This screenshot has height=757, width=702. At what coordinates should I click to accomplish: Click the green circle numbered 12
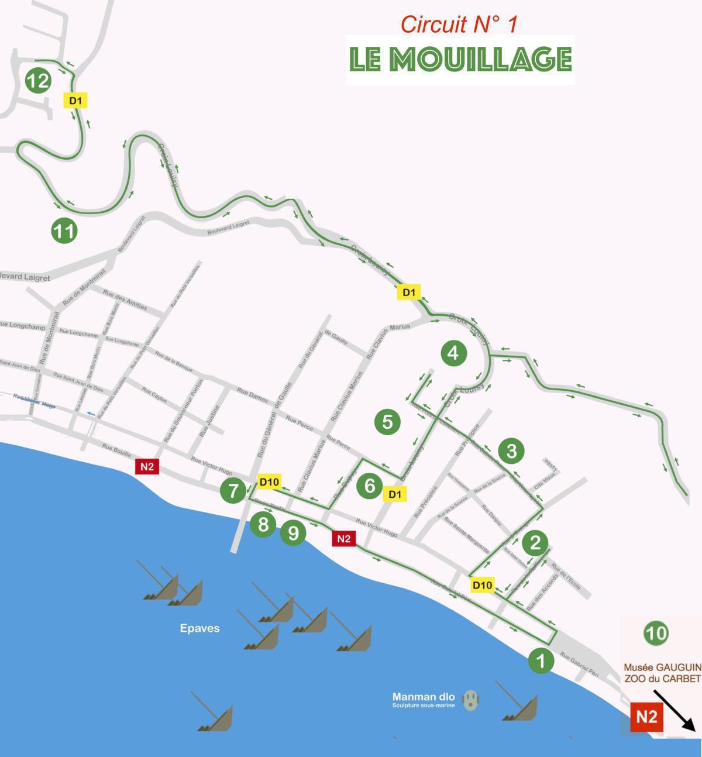coord(38,80)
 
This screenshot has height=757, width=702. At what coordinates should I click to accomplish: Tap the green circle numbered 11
coord(64,230)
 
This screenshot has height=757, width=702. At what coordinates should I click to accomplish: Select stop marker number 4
coord(453,353)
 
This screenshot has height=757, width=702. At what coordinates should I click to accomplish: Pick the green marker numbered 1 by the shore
coord(541,660)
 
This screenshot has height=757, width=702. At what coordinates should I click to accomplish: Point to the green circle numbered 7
coord(233,490)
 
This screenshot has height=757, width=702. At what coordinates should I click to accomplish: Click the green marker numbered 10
coord(656,633)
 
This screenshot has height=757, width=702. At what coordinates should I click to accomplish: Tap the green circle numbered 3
coord(511,450)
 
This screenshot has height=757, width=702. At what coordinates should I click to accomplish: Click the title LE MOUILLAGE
coord(460,59)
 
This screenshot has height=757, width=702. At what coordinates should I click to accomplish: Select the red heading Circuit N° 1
coord(459,25)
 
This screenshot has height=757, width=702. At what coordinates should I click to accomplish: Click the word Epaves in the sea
coord(199,628)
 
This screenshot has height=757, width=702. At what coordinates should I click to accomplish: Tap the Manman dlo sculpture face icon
coord(470,700)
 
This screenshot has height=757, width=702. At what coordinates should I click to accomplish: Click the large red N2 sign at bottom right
coord(646,717)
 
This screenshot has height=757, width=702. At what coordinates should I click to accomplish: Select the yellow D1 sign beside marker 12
coord(75,101)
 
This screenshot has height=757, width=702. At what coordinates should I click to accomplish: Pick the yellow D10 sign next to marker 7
coord(269,481)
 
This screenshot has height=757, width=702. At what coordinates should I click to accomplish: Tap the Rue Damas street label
coord(252,395)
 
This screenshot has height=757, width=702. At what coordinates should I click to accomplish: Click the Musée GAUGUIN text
coord(662,667)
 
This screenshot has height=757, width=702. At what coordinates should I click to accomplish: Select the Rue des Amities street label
coord(125,300)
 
